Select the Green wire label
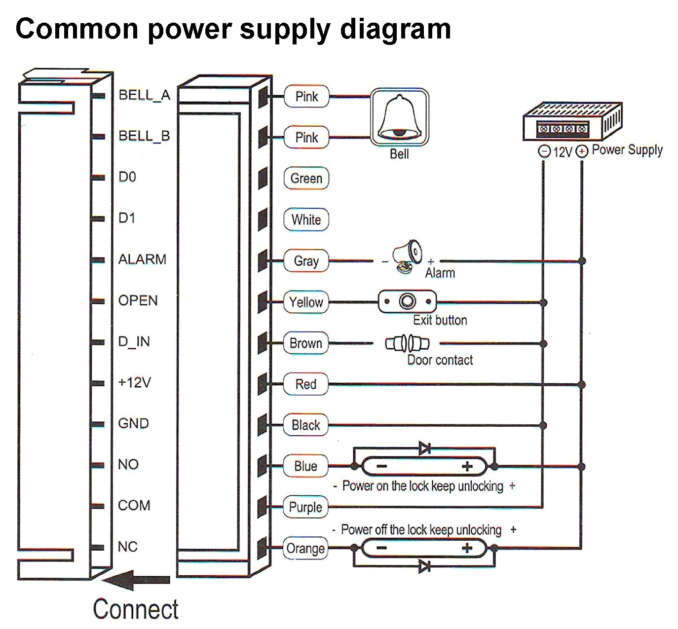pyautogui.click(x=306, y=178)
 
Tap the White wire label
pyautogui.click(x=306, y=220)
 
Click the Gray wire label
pyautogui.click(x=306, y=260)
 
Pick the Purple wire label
pyautogui.click(x=305, y=507)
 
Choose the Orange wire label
pyautogui.click(x=305, y=548)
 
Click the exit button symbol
pyautogui.click(x=407, y=301)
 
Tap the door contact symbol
pyautogui.click(x=407, y=343)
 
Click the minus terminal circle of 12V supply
pyautogui.click(x=544, y=151)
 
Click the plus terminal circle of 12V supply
pyautogui.click(x=582, y=151)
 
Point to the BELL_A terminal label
pyautogui.click(x=144, y=95)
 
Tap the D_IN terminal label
pyautogui.click(x=134, y=341)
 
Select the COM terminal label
pyautogui.click(x=134, y=505)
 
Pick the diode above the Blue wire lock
pyautogui.click(x=424, y=448)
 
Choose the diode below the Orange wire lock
pyautogui.click(x=424, y=566)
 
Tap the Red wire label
pyautogui.click(x=305, y=384)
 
